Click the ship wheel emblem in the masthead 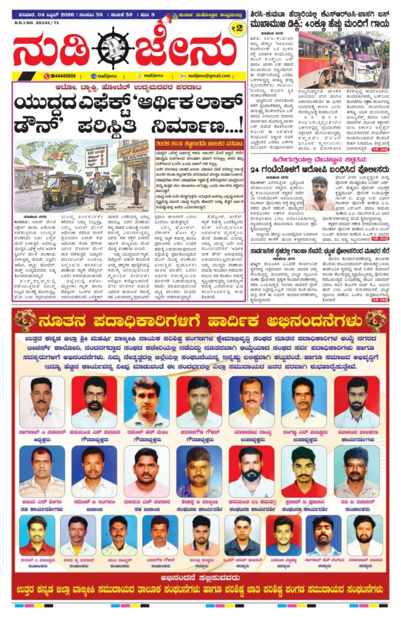[x=114, y=48]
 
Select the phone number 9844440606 [x=60, y=76]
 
